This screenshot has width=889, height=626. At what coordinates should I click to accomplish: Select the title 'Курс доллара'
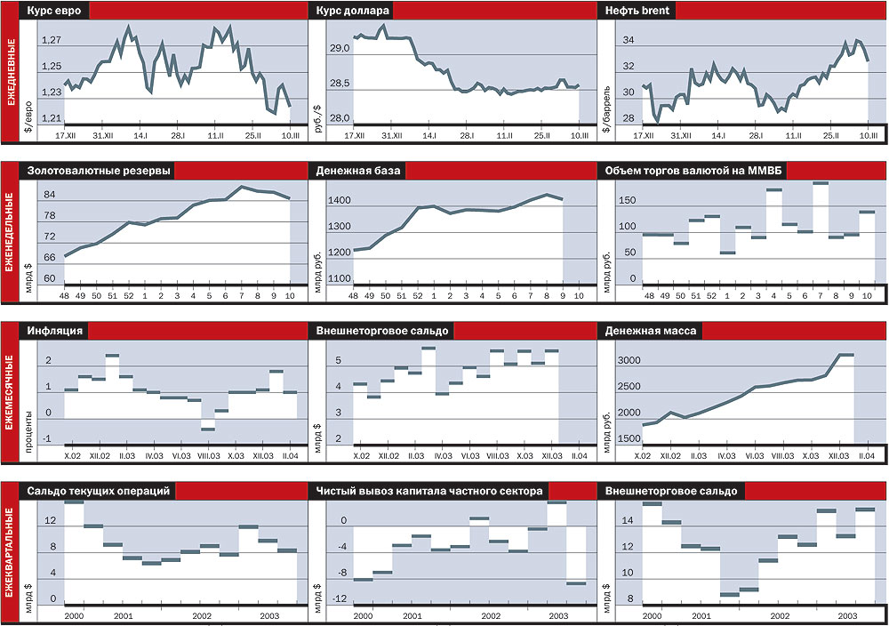[x=352, y=12]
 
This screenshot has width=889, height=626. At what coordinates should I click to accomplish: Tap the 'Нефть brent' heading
[x=637, y=12]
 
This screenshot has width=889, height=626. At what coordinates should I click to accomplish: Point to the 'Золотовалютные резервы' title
[x=99, y=171]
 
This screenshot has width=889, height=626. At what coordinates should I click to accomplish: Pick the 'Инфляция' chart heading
[x=56, y=331]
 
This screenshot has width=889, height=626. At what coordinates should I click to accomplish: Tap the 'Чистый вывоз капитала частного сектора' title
[x=429, y=491]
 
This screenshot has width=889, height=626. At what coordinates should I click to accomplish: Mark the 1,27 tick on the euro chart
[x=51, y=40]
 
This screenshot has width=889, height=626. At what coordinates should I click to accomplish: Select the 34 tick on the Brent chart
[x=628, y=40]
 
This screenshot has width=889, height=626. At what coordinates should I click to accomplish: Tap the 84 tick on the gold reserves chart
[x=50, y=195]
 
